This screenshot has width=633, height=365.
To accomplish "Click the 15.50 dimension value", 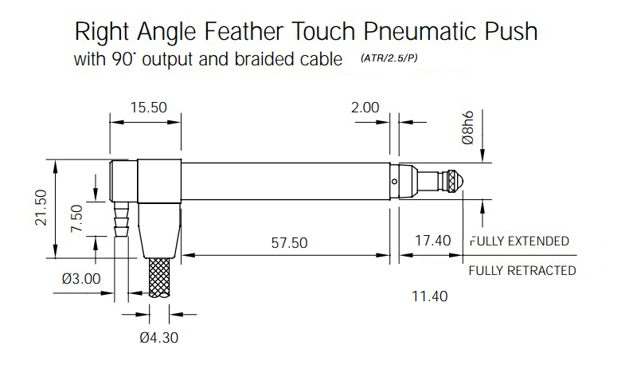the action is click(148, 108).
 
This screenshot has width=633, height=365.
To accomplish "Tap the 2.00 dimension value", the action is click(365, 108).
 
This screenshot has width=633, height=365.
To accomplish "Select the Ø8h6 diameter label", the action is click(468, 128).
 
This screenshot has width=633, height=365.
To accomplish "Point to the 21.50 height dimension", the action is click(41, 208).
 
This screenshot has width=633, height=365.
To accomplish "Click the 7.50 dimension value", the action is click(76, 218).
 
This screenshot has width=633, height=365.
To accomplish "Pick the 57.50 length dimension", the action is click(289, 242).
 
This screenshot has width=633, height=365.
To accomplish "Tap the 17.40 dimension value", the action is click(433, 241).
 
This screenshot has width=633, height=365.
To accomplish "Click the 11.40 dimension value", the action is click(429, 296).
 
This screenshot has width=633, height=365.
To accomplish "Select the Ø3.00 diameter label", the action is click(81, 278).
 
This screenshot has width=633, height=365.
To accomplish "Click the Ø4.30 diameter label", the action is click(158, 338).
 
